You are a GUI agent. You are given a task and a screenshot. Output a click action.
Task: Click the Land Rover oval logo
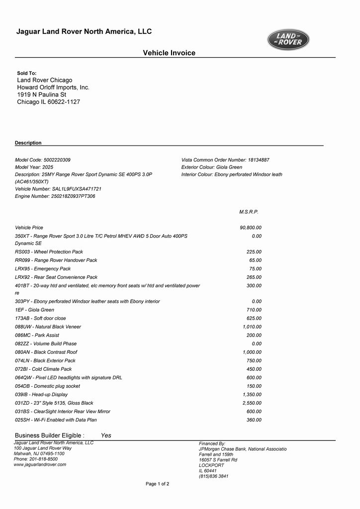point(288,40)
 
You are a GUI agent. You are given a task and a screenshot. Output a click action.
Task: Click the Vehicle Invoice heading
point(169,53)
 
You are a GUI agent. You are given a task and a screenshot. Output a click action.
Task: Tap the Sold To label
point(27,73)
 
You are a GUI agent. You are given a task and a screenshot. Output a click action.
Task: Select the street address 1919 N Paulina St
point(42,94)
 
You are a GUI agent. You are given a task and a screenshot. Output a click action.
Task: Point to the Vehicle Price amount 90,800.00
point(251,228)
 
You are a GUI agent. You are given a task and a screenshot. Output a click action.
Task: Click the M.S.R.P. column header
point(249,212)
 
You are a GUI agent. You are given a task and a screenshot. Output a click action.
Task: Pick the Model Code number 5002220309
point(57,160)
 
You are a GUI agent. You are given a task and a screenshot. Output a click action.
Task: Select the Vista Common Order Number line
point(225,160)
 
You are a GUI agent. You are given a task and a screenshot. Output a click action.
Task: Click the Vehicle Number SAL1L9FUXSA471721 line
point(58,189)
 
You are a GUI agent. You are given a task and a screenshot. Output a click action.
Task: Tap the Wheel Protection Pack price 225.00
point(254,252)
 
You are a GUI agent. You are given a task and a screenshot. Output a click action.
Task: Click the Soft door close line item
point(40,318)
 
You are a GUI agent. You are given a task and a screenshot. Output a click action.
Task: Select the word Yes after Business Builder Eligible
point(106,435)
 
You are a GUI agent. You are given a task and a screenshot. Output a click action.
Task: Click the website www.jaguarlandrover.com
point(40,465)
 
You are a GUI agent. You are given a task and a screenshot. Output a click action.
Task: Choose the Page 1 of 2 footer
point(157,484)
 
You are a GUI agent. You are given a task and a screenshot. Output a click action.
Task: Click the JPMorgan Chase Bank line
point(243,449)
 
